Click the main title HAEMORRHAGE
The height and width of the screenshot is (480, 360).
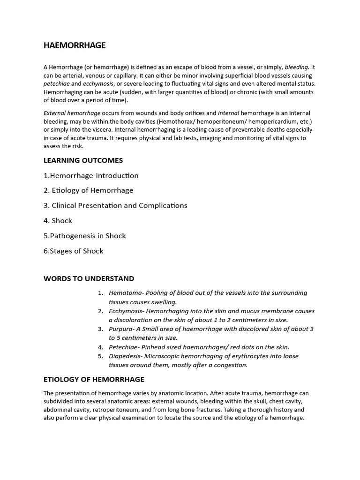[x=75, y=45]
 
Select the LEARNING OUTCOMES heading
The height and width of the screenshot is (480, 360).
[x=83, y=160]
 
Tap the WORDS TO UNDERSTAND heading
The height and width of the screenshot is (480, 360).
[x=89, y=278]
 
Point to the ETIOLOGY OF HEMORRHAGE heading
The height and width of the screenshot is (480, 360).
[x=94, y=379]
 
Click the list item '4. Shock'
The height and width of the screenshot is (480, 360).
[x=58, y=220]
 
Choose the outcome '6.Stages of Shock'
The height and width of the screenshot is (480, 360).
[x=73, y=251]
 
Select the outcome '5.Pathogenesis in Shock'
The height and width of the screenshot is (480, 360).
[x=84, y=236]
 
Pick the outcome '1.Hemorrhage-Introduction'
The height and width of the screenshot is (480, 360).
[x=91, y=176]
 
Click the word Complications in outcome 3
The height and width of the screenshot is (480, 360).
[x=162, y=205]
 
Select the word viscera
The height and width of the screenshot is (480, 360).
[x=101, y=130]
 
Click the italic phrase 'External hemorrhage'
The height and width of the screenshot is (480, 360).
[x=72, y=113]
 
